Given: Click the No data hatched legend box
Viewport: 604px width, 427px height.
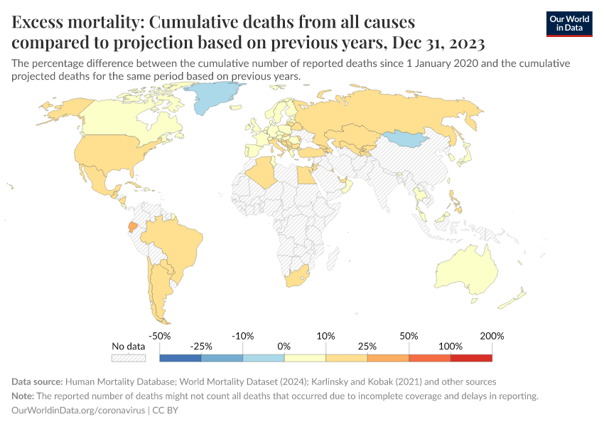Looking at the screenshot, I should coord(129,359).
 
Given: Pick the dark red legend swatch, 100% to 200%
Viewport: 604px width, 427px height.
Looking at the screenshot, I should coord(471,359).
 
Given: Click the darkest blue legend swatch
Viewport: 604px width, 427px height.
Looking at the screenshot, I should coord(180,359).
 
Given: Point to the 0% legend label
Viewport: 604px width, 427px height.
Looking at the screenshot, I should coord(284,346).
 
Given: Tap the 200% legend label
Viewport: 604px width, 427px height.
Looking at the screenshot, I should coord(492,336).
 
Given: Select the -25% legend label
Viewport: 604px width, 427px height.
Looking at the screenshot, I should coord(201,346).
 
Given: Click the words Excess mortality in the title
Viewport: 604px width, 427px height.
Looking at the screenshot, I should coord(77,22).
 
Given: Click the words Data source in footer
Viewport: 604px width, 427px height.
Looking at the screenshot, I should coord(36,381).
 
